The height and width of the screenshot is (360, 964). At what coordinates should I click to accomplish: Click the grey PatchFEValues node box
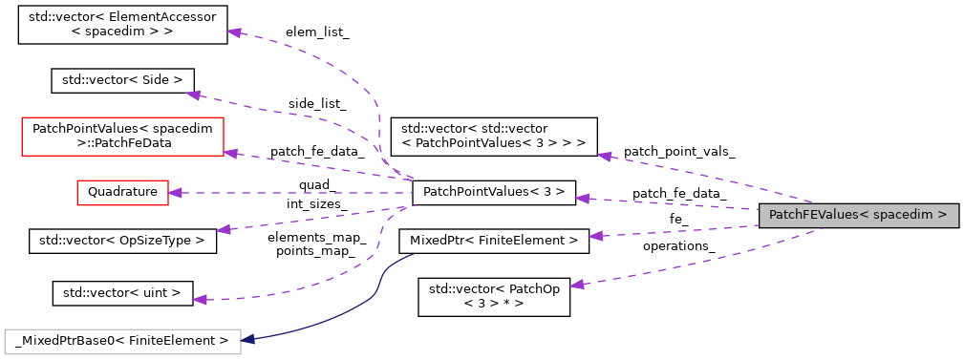[x=858, y=216]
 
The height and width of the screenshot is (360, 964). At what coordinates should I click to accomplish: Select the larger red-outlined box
[x=122, y=137]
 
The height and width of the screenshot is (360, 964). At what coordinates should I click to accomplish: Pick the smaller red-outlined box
[x=122, y=193]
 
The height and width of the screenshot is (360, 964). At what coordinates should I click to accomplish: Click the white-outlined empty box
[x=122, y=342]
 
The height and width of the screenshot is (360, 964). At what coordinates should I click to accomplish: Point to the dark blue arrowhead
[x=247, y=339]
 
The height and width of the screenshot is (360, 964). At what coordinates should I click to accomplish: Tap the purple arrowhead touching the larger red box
[x=230, y=153]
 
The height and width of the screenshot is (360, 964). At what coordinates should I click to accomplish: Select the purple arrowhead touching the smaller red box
[x=175, y=193]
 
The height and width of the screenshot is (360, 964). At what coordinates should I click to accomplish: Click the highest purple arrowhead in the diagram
[x=233, y=32]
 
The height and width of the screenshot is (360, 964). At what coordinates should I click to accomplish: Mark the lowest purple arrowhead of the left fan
[x=199, y=300]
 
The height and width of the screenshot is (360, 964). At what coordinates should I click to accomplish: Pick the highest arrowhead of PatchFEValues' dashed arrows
[x=604, y=156]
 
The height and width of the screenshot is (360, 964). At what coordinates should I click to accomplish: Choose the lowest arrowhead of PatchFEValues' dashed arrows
[x=576, y=285]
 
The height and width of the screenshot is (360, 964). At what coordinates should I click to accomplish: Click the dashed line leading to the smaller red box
[x=287, y=193]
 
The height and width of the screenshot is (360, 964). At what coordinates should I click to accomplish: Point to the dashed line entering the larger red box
[x=315, y=165]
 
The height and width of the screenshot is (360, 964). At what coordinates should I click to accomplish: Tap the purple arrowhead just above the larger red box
[x=193, y=95]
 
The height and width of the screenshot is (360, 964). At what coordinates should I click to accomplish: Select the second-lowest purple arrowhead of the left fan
[x=223, y=229]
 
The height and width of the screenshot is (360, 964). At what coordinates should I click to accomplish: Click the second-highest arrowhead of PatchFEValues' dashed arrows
[x=582, y=199]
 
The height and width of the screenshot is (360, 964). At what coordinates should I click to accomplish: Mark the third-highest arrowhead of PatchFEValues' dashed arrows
[x=595, y=235]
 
